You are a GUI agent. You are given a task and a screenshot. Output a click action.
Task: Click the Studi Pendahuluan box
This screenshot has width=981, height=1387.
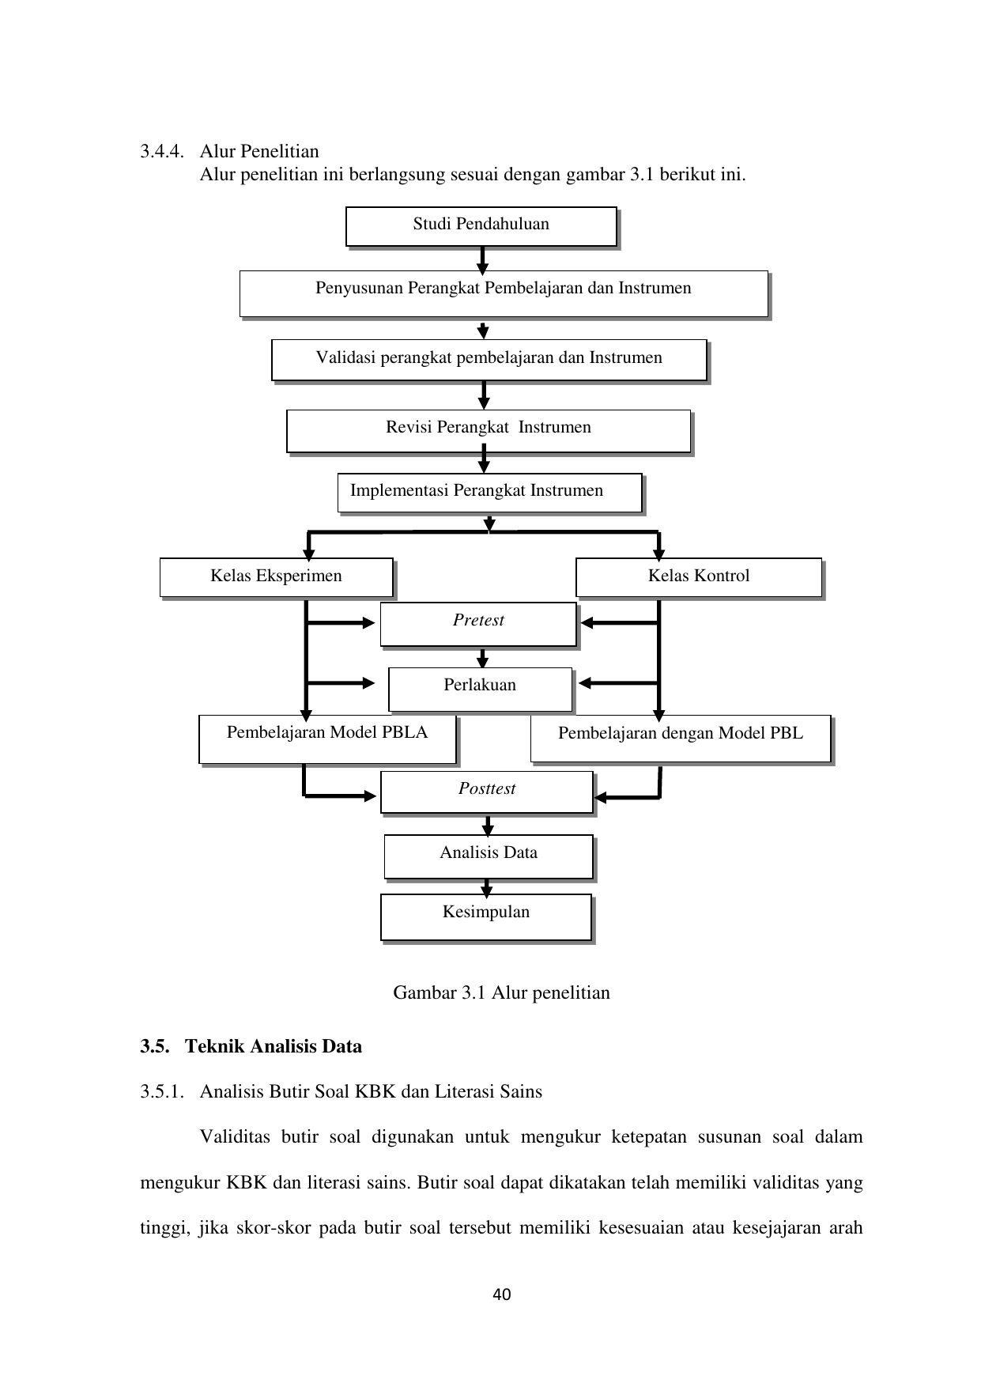pos(481,227)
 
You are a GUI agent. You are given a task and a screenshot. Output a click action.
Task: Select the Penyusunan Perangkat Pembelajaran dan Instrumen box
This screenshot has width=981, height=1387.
pos(504,293)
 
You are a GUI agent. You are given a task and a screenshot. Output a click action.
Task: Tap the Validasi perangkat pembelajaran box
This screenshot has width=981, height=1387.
pos(489,361)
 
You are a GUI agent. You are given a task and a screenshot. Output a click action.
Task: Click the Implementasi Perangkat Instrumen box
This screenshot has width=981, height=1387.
pos(490,493)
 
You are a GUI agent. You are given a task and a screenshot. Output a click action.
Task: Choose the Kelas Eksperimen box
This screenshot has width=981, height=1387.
pos(277,578)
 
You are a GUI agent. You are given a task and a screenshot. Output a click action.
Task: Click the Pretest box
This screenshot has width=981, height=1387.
pos(479,625)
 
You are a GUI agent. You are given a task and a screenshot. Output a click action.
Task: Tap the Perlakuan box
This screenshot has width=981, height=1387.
pos(481,690)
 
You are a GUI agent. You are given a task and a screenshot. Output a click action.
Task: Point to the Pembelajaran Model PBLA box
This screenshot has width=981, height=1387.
pos(328,739)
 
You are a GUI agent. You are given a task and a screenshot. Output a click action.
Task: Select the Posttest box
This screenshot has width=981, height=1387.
pos(487,792)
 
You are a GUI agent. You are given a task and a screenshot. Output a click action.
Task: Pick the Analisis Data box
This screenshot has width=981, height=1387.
pos(489,857)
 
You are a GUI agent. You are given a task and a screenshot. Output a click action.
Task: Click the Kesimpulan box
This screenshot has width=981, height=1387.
pos(486,917)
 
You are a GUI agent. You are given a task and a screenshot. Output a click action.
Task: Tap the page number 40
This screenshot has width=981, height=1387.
pos(502,1294)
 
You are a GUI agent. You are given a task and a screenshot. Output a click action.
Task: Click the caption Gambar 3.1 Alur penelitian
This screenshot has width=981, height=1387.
pos(502,992)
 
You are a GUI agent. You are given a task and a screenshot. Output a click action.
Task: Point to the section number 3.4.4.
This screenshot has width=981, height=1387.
pos(163,151)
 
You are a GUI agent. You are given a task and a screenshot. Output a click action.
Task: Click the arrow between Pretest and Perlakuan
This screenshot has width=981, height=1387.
pos(482,658)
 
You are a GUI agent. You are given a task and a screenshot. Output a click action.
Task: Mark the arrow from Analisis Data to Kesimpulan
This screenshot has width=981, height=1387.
pos(487,886)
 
